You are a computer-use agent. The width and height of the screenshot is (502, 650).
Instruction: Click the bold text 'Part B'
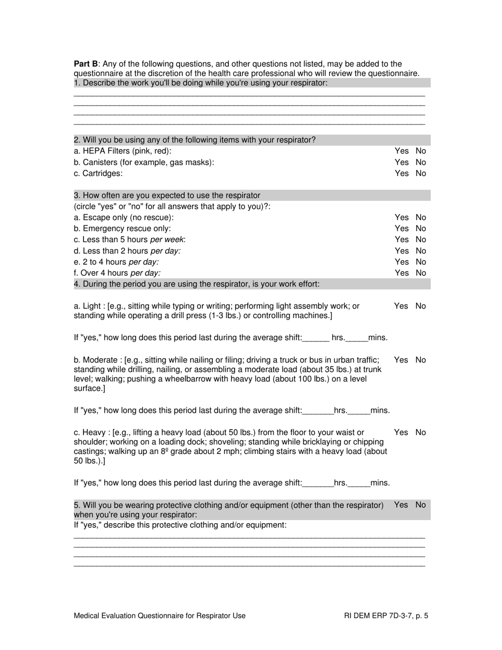(x=86, y=64)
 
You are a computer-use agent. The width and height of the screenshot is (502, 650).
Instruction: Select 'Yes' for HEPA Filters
(x=401, y=151)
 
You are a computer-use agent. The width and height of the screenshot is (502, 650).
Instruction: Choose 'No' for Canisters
(x=421, y=162)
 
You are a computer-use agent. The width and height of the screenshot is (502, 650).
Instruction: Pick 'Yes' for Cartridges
(x=401, y=173)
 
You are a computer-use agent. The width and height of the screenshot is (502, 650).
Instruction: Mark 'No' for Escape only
(x=421, y=217)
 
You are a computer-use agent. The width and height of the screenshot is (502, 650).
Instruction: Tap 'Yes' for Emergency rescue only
(x=401, y=228)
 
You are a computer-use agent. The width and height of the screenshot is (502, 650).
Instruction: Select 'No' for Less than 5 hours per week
(x=421, y=239)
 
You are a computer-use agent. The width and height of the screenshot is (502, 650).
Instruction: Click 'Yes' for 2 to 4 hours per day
(x=401, y=262)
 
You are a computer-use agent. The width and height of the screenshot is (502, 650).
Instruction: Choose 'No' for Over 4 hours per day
(x=421, y=273)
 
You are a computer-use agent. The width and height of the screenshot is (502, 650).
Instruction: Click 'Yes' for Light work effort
(x=401, y=306)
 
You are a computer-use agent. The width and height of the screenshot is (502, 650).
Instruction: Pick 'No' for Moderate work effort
(x=421, y=360)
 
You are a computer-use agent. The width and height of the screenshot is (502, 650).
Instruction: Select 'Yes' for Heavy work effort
(x=401, y=432)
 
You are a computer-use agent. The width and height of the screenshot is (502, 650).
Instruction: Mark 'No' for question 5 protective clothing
(x=421, y=505)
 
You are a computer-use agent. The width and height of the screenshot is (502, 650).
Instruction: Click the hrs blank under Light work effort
(x=316, y=338)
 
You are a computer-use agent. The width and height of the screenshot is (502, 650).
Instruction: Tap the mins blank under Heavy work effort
(x=359, y=483)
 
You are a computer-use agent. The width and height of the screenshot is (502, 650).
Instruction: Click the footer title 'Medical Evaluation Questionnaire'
(x=143, y=616)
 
